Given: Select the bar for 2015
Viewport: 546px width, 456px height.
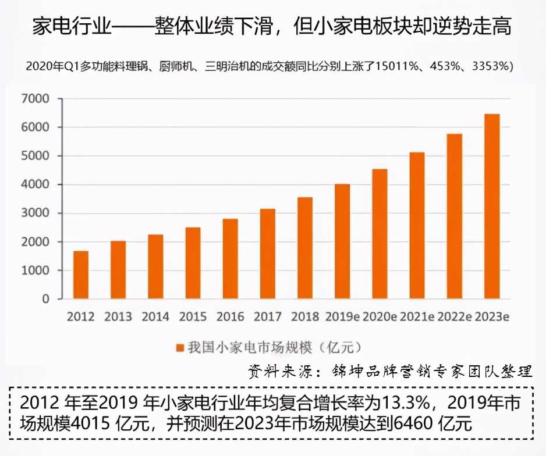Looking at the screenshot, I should tap(193, 263).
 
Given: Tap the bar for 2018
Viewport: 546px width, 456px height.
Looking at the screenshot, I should tap(305, 248).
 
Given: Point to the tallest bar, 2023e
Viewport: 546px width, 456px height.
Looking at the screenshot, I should tap(492, 206).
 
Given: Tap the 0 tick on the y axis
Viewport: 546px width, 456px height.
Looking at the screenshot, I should tap(45, 300).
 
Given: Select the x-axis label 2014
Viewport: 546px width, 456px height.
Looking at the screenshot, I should tap(155, 317).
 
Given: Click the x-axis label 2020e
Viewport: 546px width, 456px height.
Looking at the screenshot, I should tap(380, 317).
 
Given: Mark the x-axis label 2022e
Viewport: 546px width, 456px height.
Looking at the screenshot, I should tap(455, 317).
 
